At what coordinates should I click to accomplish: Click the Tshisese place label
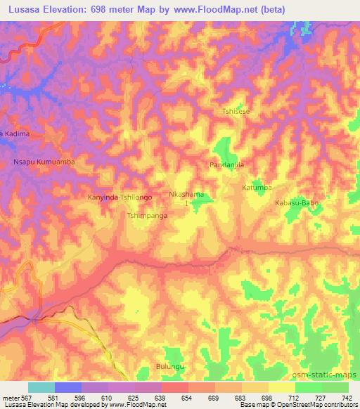pos(236,112)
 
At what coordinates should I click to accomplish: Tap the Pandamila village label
pos(226,164)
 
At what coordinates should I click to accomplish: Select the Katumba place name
pos(257,188)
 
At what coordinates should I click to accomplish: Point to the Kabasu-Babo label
pos(297,202)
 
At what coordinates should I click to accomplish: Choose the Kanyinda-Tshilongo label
pos(119,197)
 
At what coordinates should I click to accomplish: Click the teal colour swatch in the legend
pos(41,387)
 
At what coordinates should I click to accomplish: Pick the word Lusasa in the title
pos(22,8)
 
